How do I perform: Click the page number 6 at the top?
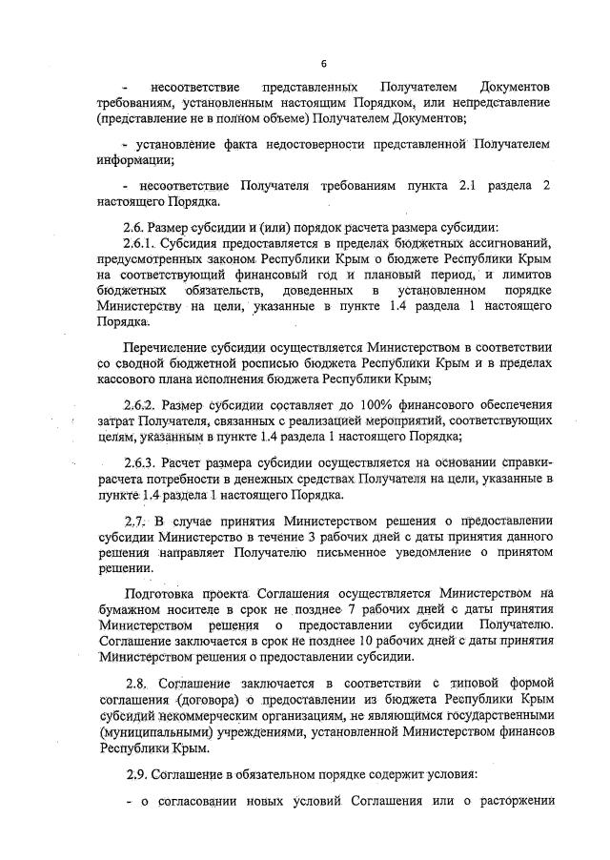[323, 64]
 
